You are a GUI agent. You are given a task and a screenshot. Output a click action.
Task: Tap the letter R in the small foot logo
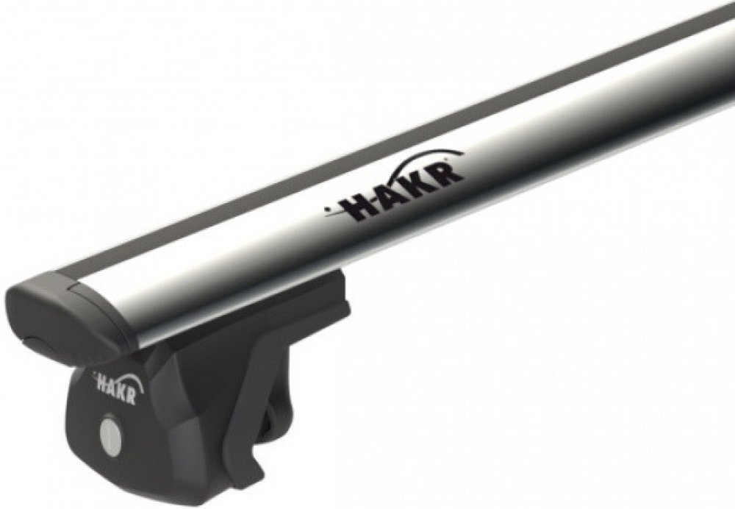tap(131, 397)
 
